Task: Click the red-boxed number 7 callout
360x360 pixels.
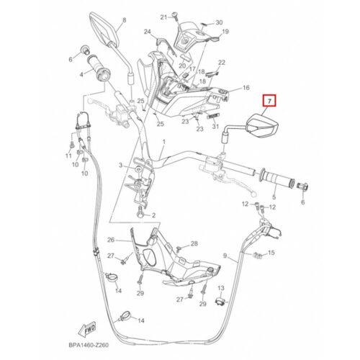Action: (269, 101)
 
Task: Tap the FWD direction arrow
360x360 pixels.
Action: (87, 328)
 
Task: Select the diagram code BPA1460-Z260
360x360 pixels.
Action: (89, 345)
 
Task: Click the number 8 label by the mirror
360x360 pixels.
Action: (124, 20)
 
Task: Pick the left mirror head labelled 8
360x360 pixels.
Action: (104, 29)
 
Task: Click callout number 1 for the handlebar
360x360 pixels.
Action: (164, 142)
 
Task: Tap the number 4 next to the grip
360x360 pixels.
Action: (81, 75)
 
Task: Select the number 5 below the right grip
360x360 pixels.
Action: (274, 197)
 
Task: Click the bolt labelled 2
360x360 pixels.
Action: (140, 213)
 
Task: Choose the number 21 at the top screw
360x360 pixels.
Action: (163, 17)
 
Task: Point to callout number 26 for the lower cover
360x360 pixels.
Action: (111, 240)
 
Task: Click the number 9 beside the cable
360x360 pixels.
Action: (225, 256)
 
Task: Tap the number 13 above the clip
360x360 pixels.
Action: (221, 288)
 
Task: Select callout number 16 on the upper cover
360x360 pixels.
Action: (246, 88)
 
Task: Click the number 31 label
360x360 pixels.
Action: (215, 126)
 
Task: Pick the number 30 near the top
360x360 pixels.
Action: (219, 22)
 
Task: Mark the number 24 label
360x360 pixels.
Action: (148, 32)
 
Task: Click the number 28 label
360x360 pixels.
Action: (194, 243)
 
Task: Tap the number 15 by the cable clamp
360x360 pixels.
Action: (271, 253)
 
